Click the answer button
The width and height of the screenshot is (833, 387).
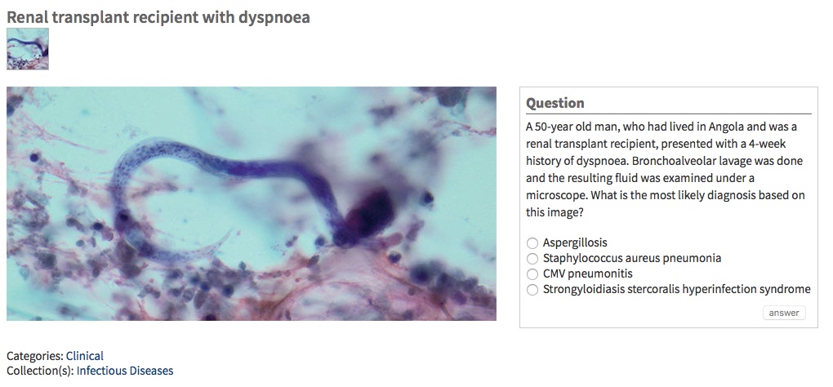point(784,313)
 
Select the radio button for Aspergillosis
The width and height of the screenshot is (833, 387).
point(532,242)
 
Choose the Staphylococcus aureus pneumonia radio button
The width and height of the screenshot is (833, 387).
point(532,258)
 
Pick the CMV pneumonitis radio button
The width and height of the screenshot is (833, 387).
point(532,274)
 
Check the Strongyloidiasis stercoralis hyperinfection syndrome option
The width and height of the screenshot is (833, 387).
point(532,289)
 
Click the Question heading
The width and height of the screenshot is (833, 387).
point(555,103)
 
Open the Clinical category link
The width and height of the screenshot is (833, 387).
point(85,356)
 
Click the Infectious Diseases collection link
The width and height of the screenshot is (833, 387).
point(125,371)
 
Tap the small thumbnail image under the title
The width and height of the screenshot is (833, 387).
point(28,49)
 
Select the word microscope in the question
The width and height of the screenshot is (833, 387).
point(555,195)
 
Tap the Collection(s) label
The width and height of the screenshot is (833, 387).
point(40,371)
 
